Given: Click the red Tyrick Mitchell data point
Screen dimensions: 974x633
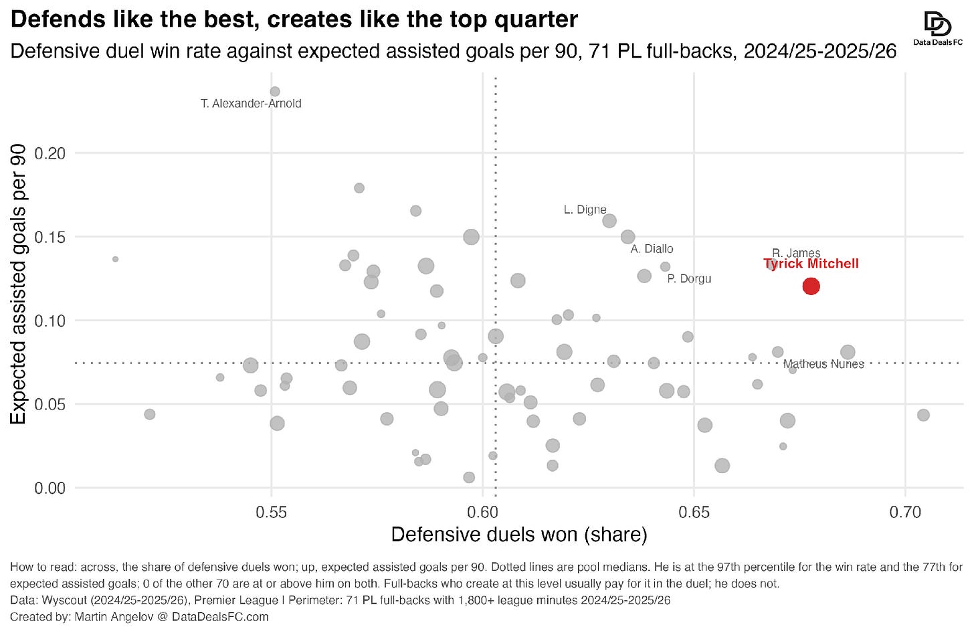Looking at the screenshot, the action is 811,286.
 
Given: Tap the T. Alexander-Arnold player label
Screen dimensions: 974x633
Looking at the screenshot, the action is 251,104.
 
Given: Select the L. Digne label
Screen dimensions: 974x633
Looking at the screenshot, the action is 585,209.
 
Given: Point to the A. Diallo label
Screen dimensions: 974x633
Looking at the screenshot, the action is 652,249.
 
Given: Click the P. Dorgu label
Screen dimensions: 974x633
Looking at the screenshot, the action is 689,278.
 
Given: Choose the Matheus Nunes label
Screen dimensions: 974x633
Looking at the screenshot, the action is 823,364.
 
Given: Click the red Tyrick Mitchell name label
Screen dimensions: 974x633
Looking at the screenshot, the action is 811,264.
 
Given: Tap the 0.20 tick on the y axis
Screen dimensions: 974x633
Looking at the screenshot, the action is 50,153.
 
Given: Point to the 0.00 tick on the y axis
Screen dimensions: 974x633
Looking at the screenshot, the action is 50,488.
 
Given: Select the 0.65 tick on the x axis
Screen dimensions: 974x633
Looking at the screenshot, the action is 694,513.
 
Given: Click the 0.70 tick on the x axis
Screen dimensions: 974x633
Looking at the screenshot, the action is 905,513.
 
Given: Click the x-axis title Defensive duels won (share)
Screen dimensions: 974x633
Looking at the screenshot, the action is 519,535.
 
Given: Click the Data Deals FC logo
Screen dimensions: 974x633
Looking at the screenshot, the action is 938,29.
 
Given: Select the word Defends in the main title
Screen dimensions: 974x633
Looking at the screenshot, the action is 58,19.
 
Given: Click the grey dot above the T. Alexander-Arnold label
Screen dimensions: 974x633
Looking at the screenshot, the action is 275,92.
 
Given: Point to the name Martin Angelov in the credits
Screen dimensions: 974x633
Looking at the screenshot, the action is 114,617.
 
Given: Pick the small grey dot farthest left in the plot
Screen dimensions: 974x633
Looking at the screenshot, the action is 115,260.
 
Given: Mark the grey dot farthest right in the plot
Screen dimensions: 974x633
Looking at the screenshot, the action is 924,415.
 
